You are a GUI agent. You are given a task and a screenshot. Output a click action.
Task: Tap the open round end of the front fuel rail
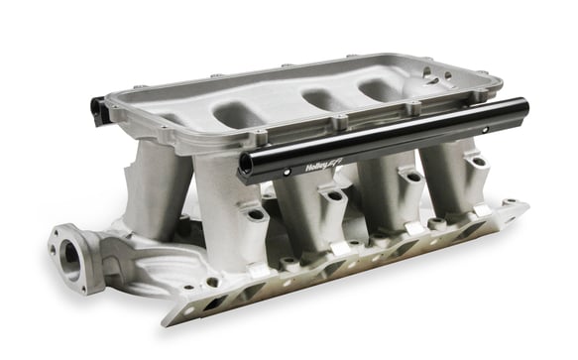(243, 167)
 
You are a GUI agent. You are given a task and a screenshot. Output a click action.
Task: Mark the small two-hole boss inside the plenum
(432, 76)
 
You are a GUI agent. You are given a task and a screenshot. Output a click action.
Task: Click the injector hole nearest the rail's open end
(255, 212)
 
